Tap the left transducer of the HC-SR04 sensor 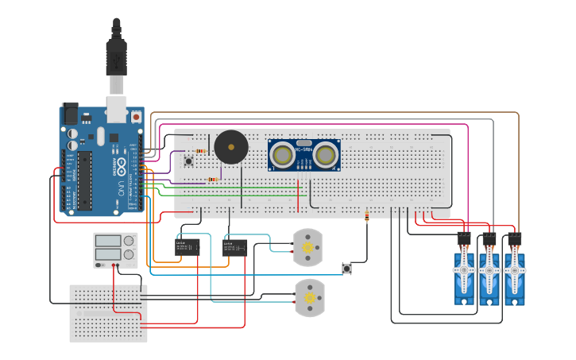(x=281, y=155)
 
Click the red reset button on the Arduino (x=136, y=117)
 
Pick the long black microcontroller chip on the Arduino (x=83, y=180)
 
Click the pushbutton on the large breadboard (x=189, y=161)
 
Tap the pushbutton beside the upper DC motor (x=346, y=269)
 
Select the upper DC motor (x=308, y=248)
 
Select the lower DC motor (x=309, y=298)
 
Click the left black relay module (x=187, y=247)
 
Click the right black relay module (x=235, y=248)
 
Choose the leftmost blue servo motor (x=464, y=273)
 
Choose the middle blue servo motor (x=489, y=273)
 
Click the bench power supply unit (x=115, y=250)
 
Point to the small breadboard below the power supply (x=108, y=313)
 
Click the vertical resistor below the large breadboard (x=366, y=217)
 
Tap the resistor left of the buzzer (x=200, y=151)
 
